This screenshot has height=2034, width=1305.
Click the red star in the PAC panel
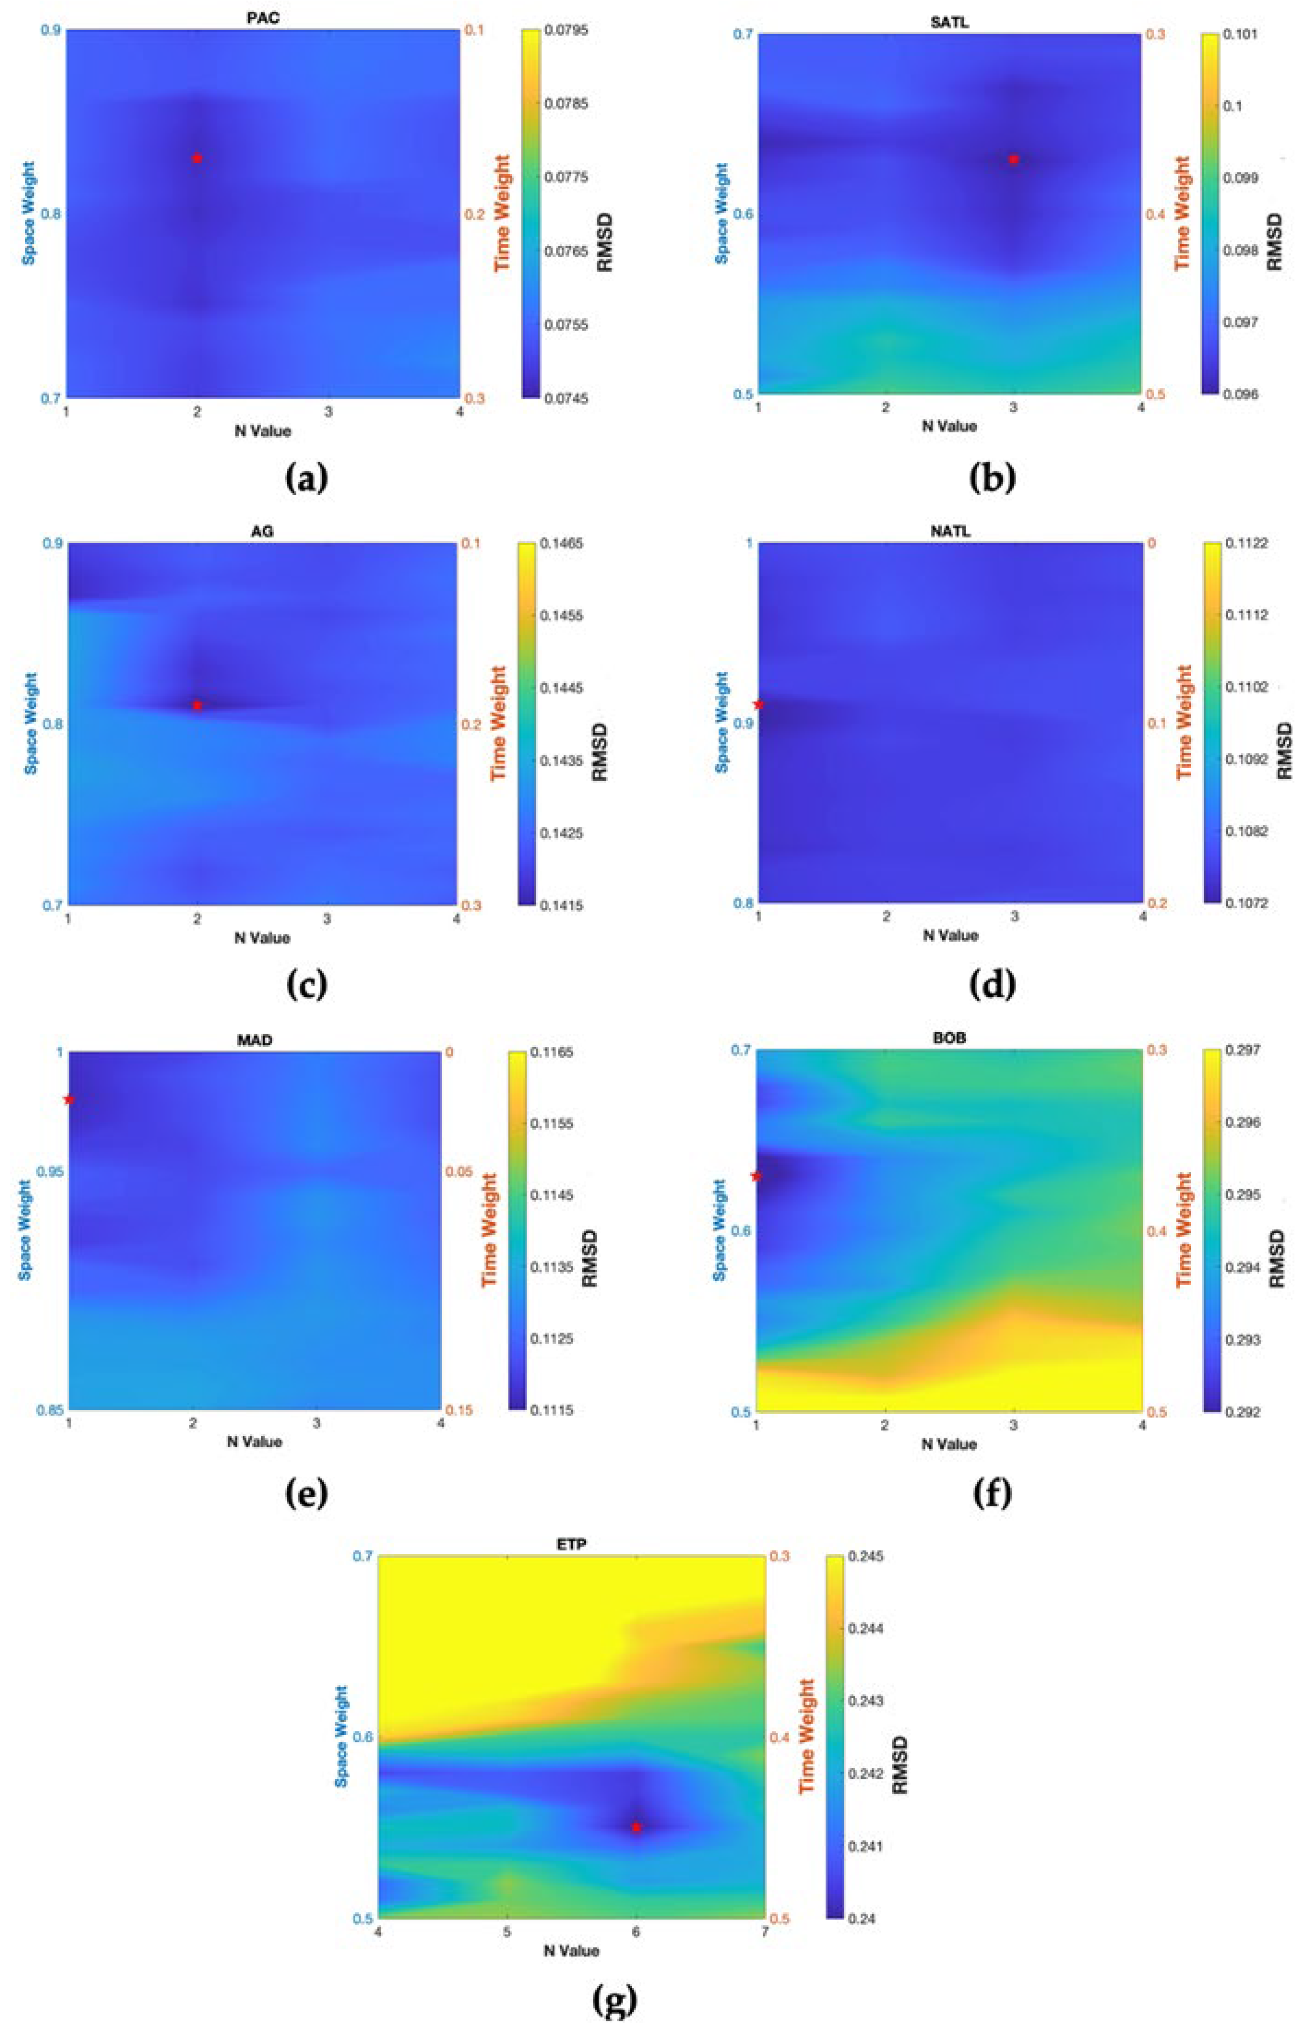coord(197,157)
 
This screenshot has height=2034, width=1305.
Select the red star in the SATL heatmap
coord(1014,158)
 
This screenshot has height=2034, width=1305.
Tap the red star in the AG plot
coord(197,705)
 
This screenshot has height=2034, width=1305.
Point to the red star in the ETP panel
coord(637,1827)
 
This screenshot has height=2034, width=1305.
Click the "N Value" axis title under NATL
coord(949,935)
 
